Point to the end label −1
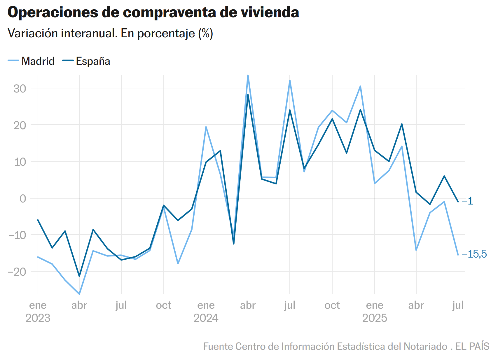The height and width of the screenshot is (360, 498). coord(468,201)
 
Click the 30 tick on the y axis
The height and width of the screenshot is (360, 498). coord(20,88)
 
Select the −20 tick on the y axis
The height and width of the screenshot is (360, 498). coord(17,272)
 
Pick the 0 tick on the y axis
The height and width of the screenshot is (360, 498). coord(23,198)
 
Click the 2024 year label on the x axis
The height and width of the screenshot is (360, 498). coord(206,318)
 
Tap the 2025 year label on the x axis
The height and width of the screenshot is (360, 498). coord(375,318)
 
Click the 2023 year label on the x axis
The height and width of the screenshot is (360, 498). coord(38,318)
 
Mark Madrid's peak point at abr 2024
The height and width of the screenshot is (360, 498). coord(248,75)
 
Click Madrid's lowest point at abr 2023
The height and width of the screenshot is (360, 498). coord(79,294)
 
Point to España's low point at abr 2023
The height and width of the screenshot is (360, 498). coord(79,276)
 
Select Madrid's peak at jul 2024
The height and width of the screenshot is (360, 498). coord(290,80)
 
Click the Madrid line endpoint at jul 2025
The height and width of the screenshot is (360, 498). coord(458,255)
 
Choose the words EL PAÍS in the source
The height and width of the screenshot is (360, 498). coord(472,346)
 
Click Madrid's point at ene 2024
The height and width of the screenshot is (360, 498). coord(206,127)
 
